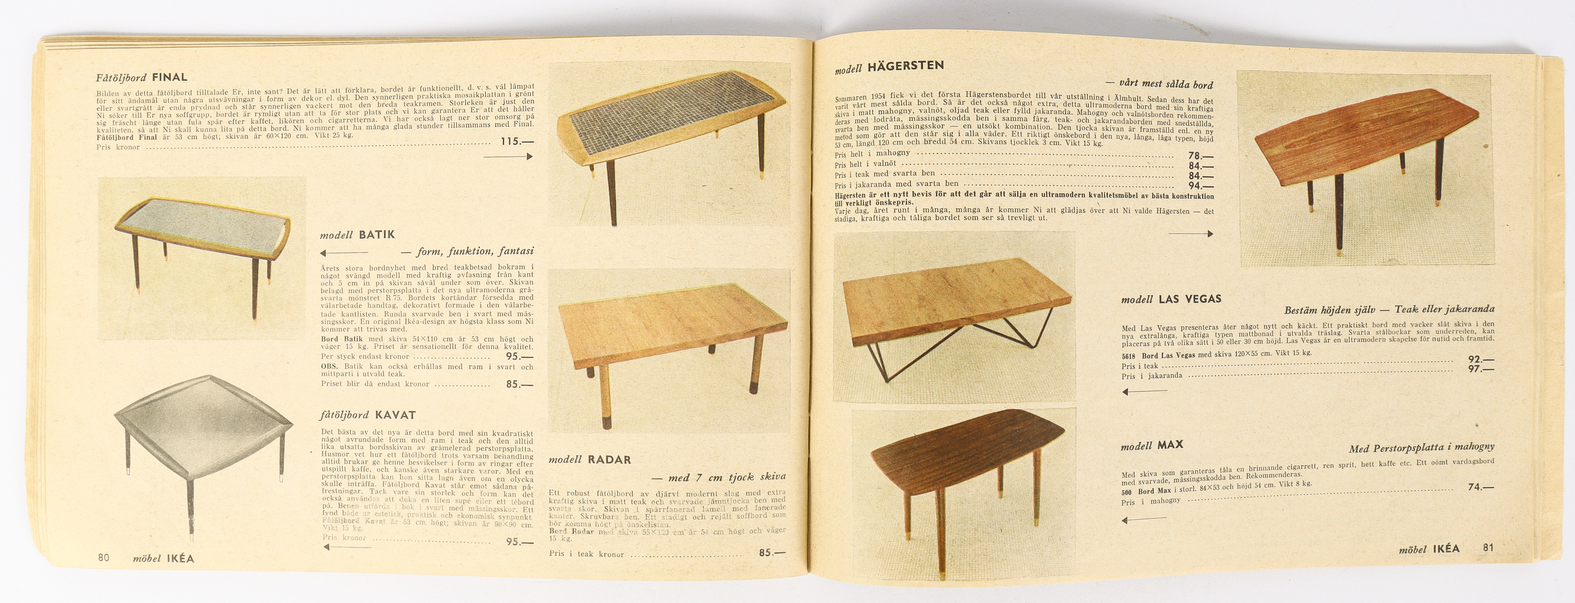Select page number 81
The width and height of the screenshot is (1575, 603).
(x=1488, y=547)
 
